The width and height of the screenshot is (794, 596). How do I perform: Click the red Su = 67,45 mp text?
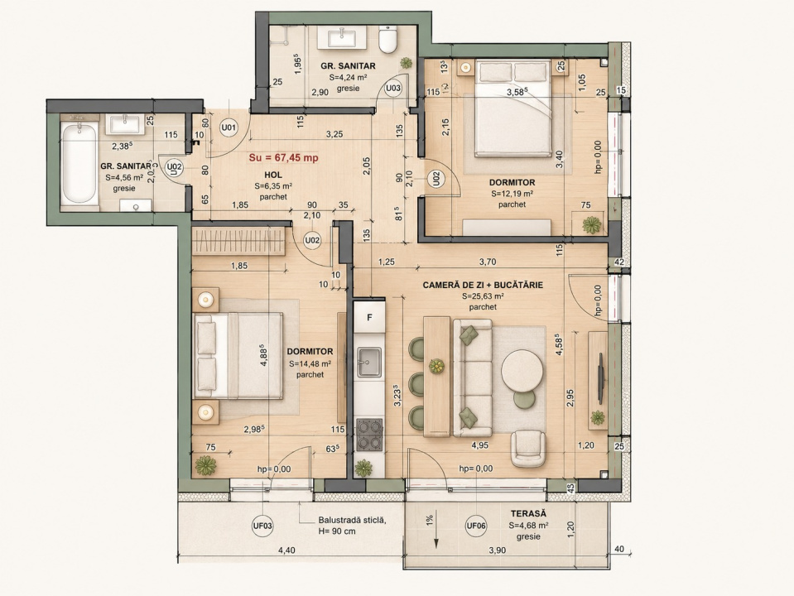(x=283, y=157)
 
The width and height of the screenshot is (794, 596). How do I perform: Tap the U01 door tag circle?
(x=229, y=127)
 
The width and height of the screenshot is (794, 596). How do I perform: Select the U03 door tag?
(x=393, y=88)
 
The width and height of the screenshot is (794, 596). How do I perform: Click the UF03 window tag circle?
(x=262, y=526)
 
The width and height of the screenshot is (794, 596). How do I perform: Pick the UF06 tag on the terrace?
(x=476, y=526)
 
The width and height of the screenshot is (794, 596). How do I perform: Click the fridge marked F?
(x=369, y=318)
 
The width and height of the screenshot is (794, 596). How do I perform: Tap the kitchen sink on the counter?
(x=369, y=362)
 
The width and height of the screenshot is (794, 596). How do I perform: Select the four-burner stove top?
(x=369, y=435)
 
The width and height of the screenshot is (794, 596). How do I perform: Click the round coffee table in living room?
(x=522, y=372)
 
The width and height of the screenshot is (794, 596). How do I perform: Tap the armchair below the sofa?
(x=529, y=448)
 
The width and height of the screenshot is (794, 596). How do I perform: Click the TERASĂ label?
(x=529, y=514)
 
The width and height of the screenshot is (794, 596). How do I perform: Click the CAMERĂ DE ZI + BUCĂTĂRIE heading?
(x=483, y=285)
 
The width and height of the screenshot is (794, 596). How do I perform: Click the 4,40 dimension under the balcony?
(x=286, y=550)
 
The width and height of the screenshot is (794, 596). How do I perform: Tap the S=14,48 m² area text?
(x=310, y=363)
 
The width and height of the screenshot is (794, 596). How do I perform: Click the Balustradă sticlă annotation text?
(x=353, y=520)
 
